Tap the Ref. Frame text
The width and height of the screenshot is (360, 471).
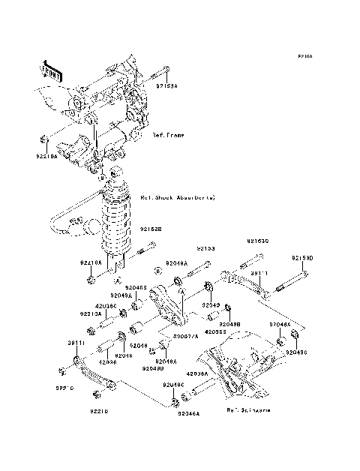pyautogui.click(x=169, y=136)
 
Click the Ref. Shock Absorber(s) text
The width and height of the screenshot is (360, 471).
pyautogui.click(x=178, y=198)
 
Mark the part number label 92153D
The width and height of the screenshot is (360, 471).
pyautogui.click(x=303, y=258)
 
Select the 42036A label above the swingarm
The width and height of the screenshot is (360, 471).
pyautogui.click(x=197, y=373)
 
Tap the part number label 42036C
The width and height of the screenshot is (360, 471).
pyautogui.click(x=106, y=306)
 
